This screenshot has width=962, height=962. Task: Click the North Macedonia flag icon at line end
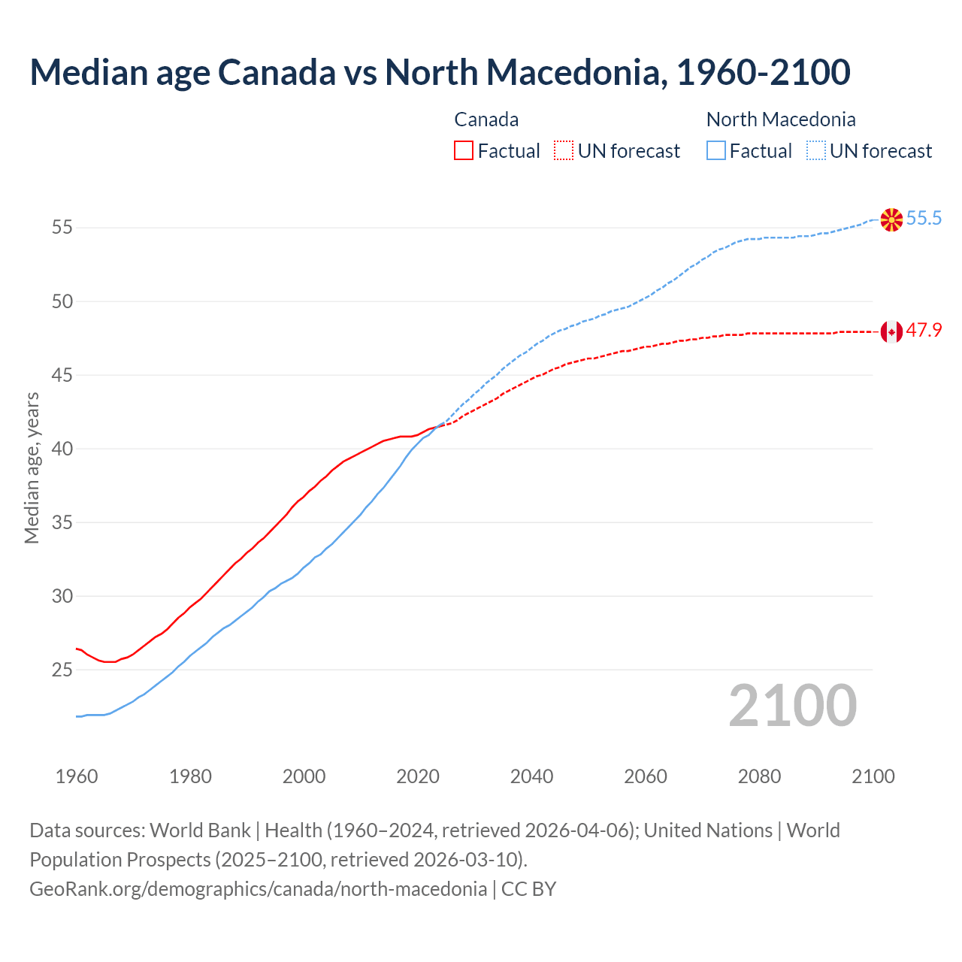[x=891, y=219]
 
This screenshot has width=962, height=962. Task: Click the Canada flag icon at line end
[x=891, y=331]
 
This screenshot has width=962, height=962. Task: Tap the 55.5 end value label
[x=924, y=219]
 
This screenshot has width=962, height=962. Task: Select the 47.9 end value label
[x=924, y=331]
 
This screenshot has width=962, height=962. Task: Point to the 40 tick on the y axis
[x=62, y=449]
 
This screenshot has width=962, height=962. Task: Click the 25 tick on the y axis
[x=62, y=670]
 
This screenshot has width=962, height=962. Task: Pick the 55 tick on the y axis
[x=62, y=228]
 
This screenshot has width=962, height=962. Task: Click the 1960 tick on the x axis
[x=77, y=776]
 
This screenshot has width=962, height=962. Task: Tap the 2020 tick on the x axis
[x=418, y=776]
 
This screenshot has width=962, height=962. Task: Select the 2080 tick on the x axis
[x=759, y=776]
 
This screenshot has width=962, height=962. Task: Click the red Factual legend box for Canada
[x=464, y=151]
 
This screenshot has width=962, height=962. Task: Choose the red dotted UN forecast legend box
[x=564, y=151]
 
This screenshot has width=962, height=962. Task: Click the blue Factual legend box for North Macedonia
[x=716, y=151]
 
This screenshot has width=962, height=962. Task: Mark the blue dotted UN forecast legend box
[x=816, y=151]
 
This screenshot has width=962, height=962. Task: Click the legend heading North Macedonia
[x=781, y=119]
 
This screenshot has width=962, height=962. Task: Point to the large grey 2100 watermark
[x=793, y=706]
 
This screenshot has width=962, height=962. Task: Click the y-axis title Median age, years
[x=32, y=467]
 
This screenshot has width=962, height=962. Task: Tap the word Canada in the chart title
[x=277, y=72]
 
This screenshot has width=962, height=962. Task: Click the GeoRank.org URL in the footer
[x=258, y=889]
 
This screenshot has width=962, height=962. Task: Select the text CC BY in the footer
[x=529, y=889]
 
